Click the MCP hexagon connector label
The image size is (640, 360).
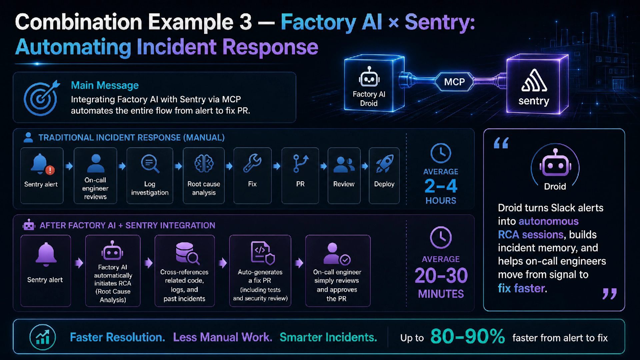pos(454,82)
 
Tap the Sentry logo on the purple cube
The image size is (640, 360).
pos(534,80)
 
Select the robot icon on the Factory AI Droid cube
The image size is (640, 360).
pos(369,77)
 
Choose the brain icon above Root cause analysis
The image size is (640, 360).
pos(204,163)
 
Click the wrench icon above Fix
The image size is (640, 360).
pos(252,163)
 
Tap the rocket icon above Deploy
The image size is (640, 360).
pos(384,163)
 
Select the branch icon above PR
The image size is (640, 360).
pos(300,163)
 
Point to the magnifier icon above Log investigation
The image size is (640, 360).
pos(150,164)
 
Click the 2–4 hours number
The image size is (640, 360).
pos(441,186)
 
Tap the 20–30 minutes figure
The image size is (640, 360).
pos(441,275)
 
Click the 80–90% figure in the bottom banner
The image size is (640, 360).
pos(467,336)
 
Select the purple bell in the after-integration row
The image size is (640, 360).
pos(46,254)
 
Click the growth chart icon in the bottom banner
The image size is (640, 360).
pos(43,337)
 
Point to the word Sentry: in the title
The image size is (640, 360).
pos(440,22)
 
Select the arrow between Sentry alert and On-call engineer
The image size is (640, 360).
pos(69,166)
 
